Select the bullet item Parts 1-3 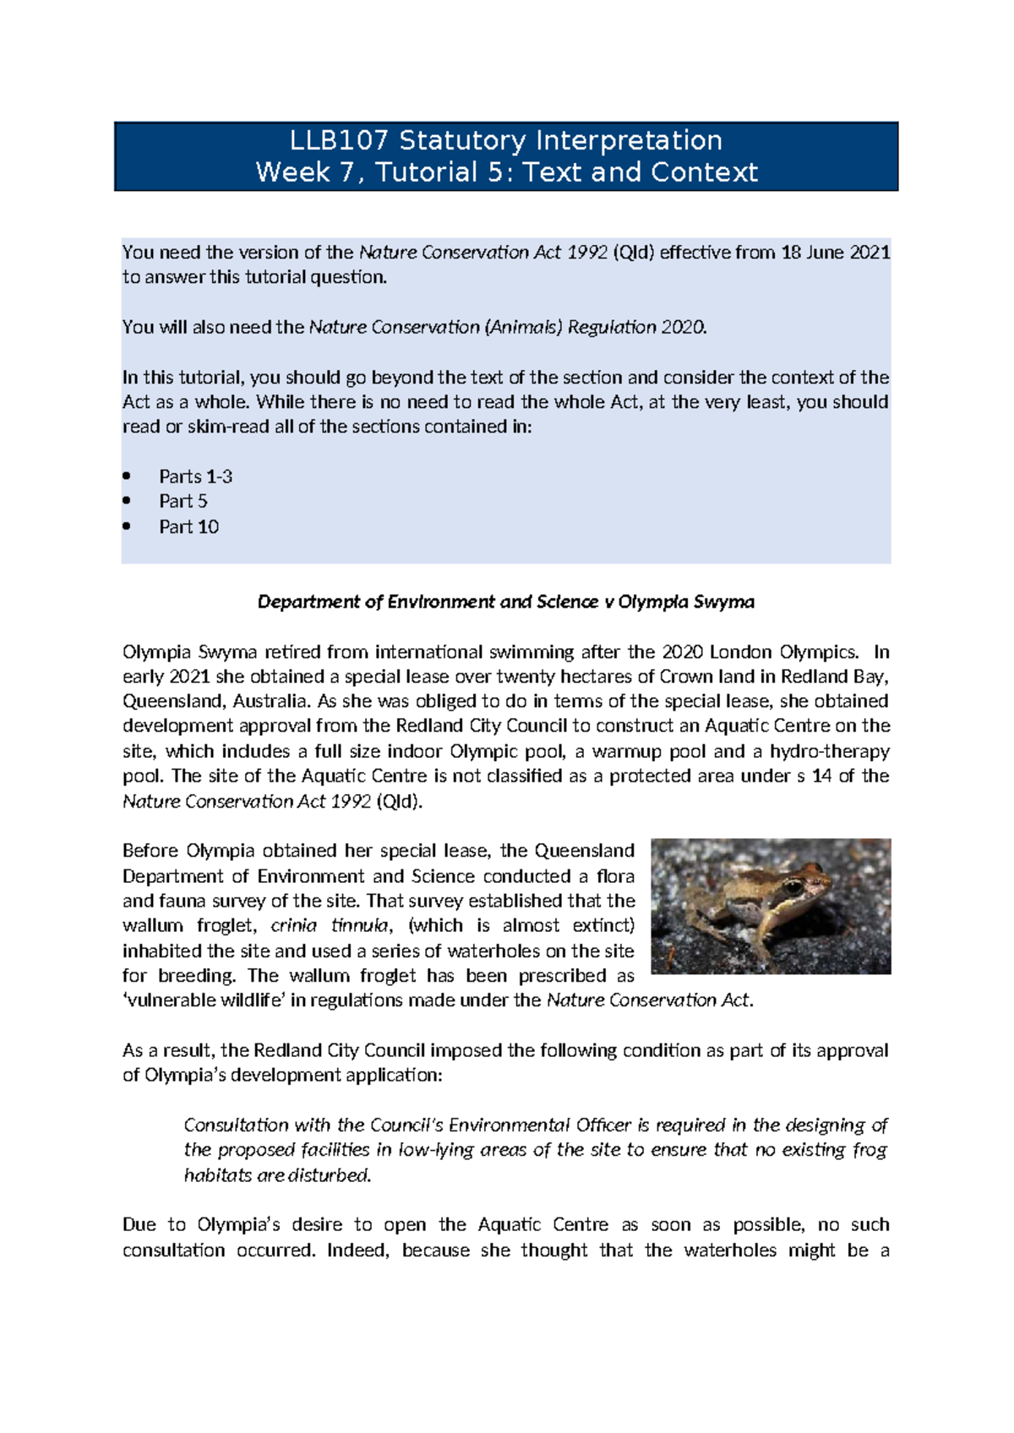[195, 477]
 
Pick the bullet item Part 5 [183, 501]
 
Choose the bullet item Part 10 [188, 526]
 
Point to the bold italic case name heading [505, 602]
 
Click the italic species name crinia [293, 925]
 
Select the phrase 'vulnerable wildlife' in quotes [203, 1000]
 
